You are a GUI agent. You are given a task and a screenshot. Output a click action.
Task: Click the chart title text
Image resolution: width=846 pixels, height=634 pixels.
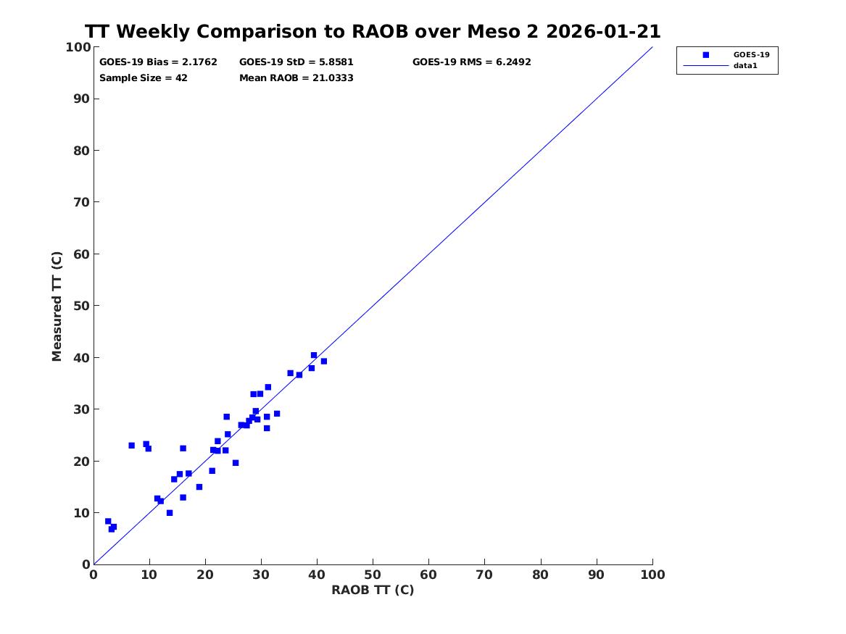[x=373, y=32]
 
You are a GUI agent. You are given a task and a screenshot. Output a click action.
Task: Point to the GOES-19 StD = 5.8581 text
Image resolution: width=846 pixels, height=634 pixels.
[x=296, y=62]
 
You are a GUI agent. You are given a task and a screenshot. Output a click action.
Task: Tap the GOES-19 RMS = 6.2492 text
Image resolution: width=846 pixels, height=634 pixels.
[x=471, y=62]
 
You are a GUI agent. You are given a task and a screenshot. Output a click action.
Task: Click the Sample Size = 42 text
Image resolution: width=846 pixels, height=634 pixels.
[x=144, y=78]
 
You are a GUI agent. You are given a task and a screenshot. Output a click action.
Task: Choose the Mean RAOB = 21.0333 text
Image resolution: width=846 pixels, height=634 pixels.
[x=296, y=78]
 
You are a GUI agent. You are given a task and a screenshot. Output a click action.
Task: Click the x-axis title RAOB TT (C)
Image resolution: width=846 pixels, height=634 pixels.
[x=373, y=590]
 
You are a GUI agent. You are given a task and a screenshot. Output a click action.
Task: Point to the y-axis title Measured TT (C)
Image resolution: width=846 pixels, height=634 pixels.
[x=57, y=306]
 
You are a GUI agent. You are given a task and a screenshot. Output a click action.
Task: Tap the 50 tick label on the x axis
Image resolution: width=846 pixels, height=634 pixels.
[x=373, y=575]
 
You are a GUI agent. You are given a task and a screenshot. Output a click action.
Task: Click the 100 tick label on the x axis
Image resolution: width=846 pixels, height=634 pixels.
[x=652, y=575]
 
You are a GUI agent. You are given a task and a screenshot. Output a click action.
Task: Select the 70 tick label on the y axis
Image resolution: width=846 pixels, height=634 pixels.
[x=81, y=202]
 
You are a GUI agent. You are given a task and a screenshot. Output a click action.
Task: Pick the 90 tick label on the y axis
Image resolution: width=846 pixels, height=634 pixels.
[x=81, y=99]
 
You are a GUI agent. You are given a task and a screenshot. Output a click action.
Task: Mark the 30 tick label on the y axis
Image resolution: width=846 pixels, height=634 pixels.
[x=81, y=409]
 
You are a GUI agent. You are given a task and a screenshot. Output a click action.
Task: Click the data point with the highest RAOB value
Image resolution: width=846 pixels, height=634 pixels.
[x=324, y=361]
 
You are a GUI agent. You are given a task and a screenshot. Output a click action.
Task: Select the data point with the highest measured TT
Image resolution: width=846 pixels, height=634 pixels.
[x=314, y=355]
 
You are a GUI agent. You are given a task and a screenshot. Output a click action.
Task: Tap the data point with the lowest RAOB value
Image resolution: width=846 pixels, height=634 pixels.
[x=108, y=521]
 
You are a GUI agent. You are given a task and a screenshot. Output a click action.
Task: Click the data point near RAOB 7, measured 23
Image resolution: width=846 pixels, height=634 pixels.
[x=131, y=446]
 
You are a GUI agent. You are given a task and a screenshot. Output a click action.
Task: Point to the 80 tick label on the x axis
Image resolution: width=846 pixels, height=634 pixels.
[x=541, y=575]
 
